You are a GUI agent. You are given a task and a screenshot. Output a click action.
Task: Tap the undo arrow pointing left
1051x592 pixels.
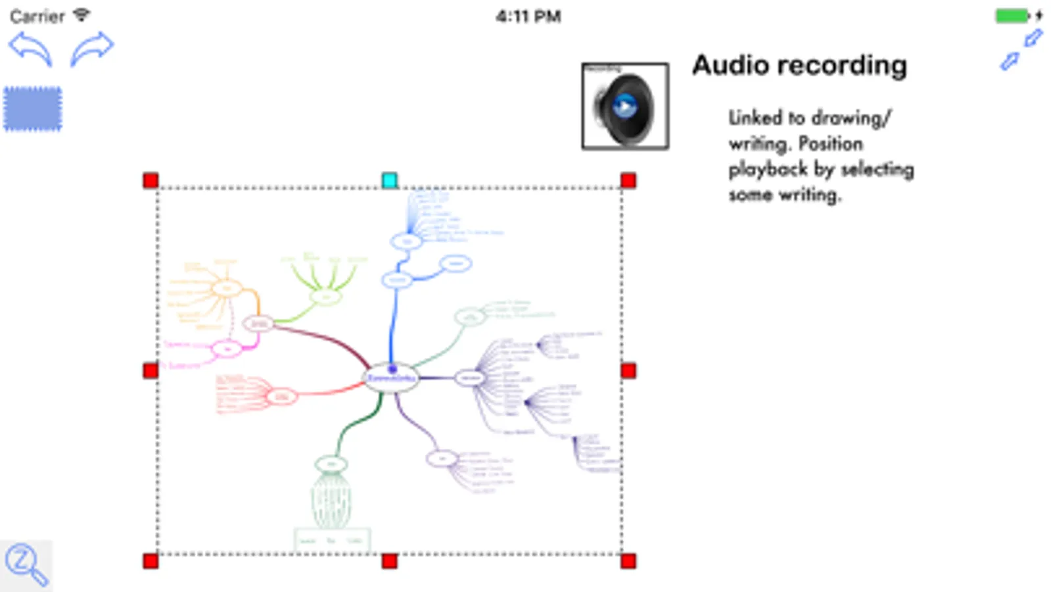[x=30, y=49]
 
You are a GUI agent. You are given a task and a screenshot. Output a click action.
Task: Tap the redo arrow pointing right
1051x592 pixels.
[x=92, y=49]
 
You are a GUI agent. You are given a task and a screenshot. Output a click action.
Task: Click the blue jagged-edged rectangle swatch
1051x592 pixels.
[x=33, y=109]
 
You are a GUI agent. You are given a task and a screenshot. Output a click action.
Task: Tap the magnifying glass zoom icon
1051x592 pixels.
[x=26, y=564]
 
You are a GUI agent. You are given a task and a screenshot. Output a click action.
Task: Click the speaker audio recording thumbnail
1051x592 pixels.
[x=625, y=107]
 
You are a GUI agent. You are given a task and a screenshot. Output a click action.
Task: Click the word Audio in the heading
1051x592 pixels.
[x=730, y=65]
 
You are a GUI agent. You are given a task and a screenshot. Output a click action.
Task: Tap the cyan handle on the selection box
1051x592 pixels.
[x=390, y=180]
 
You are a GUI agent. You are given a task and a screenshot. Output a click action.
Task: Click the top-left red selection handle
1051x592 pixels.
[x=151, y=180]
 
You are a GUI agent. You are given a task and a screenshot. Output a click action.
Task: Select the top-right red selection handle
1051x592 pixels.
[x=628, y=180]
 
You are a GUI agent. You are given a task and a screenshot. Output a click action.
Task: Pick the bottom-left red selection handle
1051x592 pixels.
[x=151, y=561]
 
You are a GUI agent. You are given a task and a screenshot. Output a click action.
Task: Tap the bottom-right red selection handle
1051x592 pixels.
[x=628, y=561]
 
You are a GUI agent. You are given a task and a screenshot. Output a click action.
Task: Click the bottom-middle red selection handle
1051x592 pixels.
[x=390, y=561]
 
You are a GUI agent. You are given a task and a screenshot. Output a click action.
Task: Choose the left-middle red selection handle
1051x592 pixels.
[x=151, y=371]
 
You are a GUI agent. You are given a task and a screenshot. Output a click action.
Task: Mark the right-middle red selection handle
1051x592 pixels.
[x=628, y=371]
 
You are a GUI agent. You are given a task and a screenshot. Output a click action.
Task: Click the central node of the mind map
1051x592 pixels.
[x=391, y=378]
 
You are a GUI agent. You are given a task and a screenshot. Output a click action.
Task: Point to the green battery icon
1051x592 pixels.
[x=1012, y=16]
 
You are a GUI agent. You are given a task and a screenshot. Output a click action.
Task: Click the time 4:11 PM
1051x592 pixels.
[x=528, y=16]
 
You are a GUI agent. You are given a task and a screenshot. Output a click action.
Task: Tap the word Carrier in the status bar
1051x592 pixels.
[x=37, y=16]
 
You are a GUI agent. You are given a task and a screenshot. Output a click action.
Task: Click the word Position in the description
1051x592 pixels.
[x=830, y=143]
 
